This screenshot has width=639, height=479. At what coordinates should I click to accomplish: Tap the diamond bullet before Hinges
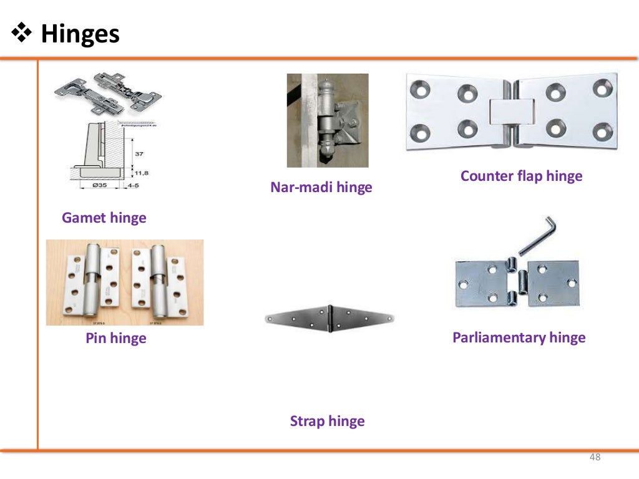(22, 34)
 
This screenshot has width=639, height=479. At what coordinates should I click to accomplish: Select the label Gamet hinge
(104, 218)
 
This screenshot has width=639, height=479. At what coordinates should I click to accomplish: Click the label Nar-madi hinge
(321, 187)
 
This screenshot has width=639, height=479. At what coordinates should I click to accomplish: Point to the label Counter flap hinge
(521, 176)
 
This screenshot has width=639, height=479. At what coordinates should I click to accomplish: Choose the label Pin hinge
(115, 338)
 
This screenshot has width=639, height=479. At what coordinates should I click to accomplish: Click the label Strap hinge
(327, 421)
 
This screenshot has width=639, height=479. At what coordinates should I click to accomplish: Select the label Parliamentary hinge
(519, 337)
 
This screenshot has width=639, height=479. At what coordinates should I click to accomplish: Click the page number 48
(595, 458)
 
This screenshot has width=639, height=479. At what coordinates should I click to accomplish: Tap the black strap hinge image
(329, 318)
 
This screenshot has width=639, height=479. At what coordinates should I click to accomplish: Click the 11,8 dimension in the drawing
(143, 172)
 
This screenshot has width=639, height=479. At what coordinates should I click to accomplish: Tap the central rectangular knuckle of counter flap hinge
(511, 112)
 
